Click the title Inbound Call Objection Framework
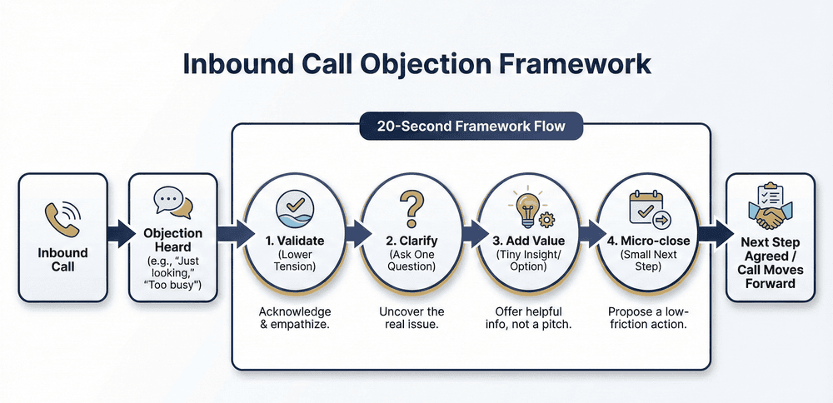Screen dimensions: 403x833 pos(416,65)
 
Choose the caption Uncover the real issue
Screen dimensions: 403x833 pos(409,316)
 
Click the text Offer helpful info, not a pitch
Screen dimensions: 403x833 pos(526,316)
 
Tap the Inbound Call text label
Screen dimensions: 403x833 pos(62,259)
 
